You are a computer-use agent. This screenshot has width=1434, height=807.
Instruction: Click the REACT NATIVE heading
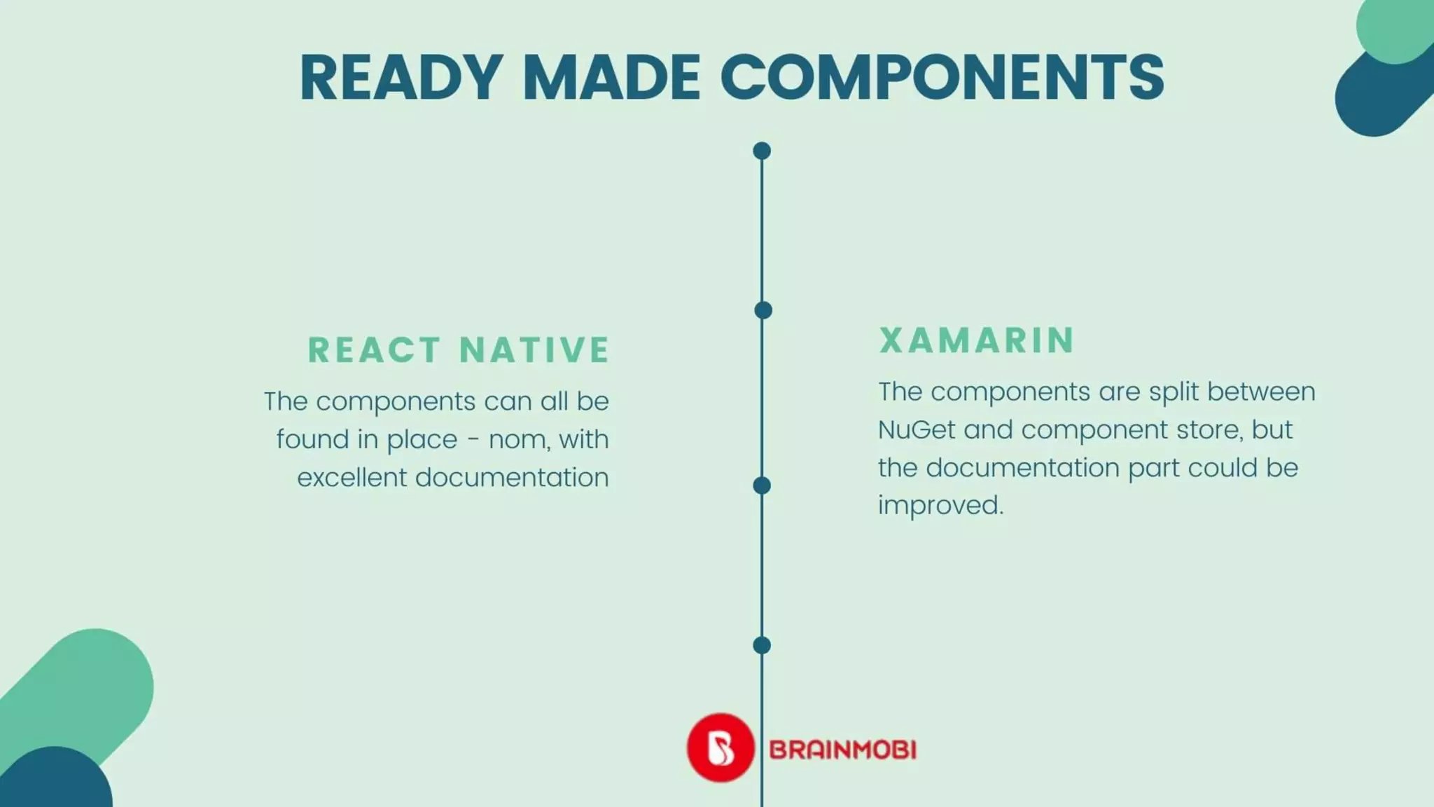(459, 350)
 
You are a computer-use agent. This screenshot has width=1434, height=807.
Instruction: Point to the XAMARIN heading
(977, 340)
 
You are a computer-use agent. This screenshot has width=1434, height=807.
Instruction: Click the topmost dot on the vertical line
(762, 151)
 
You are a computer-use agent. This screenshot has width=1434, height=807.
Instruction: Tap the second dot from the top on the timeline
(763, 310)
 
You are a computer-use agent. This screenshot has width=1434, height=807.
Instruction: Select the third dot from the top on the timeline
(762, 485)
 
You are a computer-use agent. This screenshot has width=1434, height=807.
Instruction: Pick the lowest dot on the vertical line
(762, 645)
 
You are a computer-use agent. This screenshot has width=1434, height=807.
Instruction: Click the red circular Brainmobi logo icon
(721, 747)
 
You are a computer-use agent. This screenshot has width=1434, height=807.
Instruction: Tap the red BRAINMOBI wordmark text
(842, 750)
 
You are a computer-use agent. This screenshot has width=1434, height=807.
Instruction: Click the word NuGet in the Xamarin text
(917, 429)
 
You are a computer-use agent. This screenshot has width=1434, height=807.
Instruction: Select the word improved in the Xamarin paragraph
(940, 505)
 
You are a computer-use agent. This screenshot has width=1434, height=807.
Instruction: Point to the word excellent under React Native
(351, 478)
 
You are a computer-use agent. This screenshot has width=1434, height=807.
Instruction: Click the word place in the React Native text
(422, 440)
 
